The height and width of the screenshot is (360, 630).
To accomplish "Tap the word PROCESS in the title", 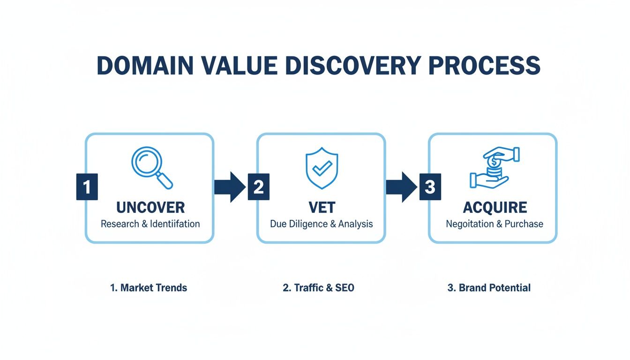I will (485, 66).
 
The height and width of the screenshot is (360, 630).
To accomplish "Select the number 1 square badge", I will (87, 187).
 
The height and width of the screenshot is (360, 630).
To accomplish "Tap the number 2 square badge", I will (258, 187).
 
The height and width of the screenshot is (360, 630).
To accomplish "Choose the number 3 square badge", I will (430, 187).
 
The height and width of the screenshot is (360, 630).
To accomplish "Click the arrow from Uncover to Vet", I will (230, 187).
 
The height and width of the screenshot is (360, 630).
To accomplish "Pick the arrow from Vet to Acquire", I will (401, 187).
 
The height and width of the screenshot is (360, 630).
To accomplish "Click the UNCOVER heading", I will (150, 207).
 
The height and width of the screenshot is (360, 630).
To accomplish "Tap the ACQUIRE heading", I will (495, 207).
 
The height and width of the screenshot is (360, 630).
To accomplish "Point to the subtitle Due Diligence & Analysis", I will (321, 224).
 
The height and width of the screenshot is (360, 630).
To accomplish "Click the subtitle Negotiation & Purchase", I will (495, 224).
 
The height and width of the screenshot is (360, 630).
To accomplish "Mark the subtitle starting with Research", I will (150, 224).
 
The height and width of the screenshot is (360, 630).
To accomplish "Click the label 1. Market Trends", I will (149, 288).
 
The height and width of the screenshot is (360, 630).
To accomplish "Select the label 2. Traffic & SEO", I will (318, 288).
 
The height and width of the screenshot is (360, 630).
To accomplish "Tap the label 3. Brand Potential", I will (489, 288).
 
